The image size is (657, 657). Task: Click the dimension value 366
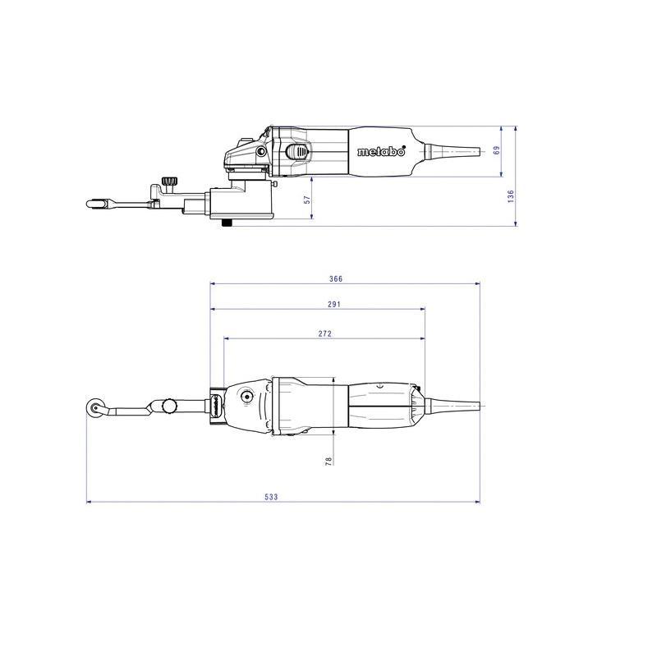(x=336, y=278)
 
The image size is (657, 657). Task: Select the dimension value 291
(x=334, y=304)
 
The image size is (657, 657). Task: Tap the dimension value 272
(x=324, y=333)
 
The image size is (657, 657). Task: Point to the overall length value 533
(x=271, y=497)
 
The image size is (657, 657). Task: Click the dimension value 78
(x=328, y=461)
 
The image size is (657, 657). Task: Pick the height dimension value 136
(x=510, y=196)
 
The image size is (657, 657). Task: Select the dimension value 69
(x=497, y=150)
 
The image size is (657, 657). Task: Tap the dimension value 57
(x=307, y=200)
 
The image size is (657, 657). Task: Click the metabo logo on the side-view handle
(x=381, y=151)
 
